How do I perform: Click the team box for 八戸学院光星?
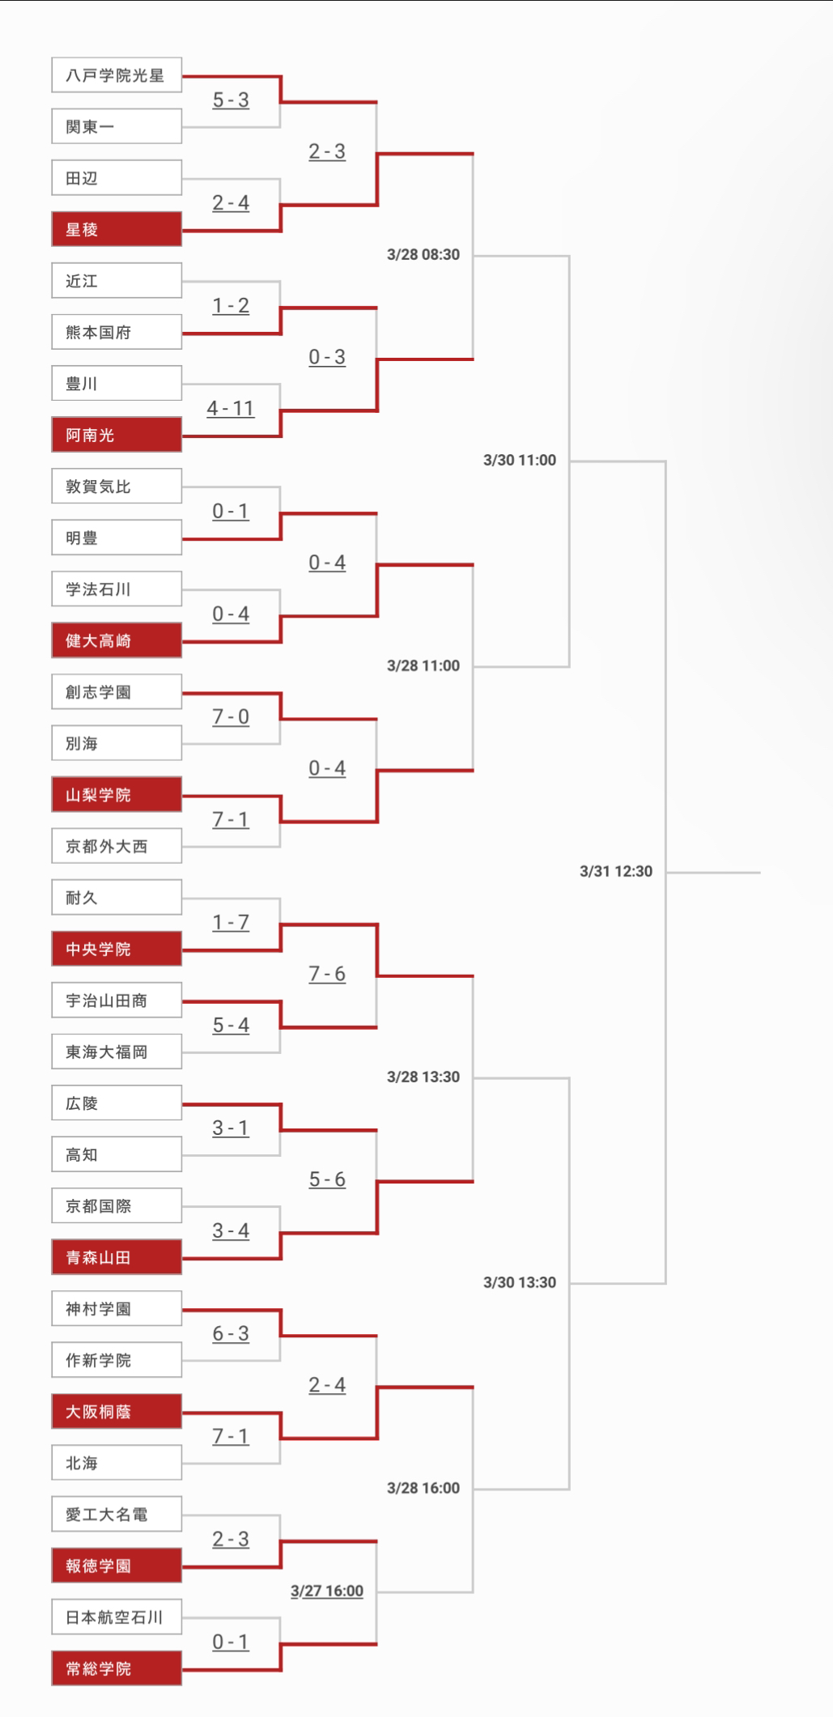[x=117, y=75]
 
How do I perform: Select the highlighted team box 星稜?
[x=117, y=229]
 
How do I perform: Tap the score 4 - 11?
[x=231, y=409]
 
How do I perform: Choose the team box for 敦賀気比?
[x=117, y=487]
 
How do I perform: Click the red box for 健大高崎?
[x=117, y=640]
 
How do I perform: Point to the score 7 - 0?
[x=231, y=717]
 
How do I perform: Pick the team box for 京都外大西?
[x=117, y=846]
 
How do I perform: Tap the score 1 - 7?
[x=231, y=923]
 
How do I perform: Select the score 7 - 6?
[x=327, y=974]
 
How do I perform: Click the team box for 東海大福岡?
[x=117, y=1052]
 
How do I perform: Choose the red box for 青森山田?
[x=117, y=1257]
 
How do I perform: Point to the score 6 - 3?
[x=231, y=1334]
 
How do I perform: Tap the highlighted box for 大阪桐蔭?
[x=117, y=1411]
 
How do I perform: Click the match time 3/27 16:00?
[x=327, y=1591]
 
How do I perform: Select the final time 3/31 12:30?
[x=616, y=871]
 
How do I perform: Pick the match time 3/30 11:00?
[x=520, y=460]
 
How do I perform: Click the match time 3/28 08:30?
[x=423, y=254]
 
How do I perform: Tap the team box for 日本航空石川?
[x=117, y=1617]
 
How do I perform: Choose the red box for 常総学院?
[x=117, y=1668]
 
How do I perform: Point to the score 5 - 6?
[x=327, y=1179]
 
